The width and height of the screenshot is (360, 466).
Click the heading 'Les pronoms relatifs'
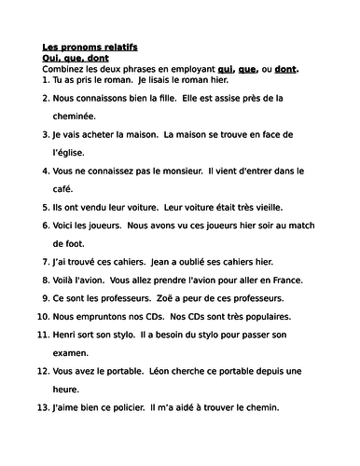[90, 47]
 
